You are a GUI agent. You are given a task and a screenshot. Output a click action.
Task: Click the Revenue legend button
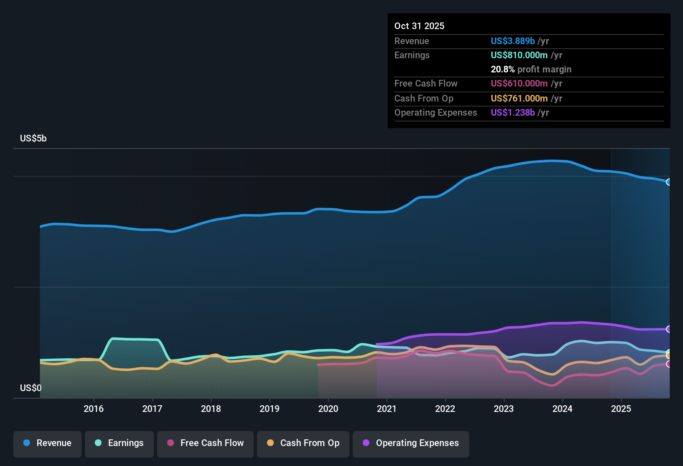point(47,443)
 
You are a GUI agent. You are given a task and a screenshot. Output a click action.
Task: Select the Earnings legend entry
point(119,443)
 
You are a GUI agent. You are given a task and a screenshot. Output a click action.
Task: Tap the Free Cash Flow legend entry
point(205,443)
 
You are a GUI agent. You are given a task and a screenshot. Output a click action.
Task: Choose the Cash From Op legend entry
point(303,443)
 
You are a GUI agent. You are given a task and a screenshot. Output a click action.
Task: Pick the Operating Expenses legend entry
point(411,443)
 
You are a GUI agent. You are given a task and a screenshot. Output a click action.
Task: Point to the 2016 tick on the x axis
point(94,409)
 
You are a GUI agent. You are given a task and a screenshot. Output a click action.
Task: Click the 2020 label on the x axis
point(328,409)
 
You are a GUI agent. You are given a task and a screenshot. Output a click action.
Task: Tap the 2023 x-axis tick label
point(504,409)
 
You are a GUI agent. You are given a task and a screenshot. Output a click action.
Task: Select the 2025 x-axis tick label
point(621,409)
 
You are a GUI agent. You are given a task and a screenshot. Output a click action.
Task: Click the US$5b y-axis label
point(33,139)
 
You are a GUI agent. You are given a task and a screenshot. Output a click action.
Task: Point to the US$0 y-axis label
point(31,388)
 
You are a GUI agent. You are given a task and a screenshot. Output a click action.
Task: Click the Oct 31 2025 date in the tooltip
point(419,26)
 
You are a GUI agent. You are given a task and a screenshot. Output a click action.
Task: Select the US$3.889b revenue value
point(512,41)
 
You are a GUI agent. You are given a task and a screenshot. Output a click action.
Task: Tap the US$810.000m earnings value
point(519,55)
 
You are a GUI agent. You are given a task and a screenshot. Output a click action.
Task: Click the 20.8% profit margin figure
point(502,69)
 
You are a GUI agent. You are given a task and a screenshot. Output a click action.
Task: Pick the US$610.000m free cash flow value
point(519,83)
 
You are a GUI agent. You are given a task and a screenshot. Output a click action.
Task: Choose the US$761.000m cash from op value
point(519,98)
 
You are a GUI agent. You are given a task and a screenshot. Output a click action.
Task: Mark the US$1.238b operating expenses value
point(512,112)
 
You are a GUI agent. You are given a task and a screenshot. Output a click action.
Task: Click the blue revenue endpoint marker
point(669,182)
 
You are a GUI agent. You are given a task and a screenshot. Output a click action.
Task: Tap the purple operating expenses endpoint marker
point(669,329)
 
